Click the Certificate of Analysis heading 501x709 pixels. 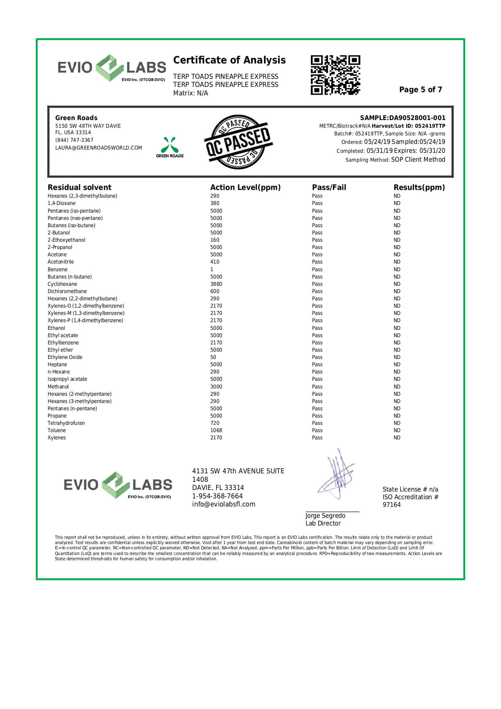click(x=229, y=60)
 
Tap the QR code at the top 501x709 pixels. click(x=335, y=75)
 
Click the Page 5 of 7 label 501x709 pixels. click(x=420, y=90)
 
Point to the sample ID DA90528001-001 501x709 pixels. click(x=417, y=118)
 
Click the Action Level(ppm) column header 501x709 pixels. click(x=245, y=188)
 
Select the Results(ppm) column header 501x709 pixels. click(x=419, y=188)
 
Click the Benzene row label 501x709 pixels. click(x=57, y=270)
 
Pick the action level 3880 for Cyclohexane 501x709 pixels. click(x=216, y=284)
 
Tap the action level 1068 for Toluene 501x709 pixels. click(x=216, y=430)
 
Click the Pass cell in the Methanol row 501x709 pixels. click(x=317, y=387)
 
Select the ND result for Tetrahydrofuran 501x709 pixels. click(x=397, y=423)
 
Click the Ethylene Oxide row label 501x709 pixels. click(x=65, y=357)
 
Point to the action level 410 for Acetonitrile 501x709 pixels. click(x=214, y=262)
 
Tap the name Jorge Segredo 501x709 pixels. click(x=325, y=516)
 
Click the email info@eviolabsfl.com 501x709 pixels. click(x=224, y=504)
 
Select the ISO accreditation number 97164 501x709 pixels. click(x=391, y=505)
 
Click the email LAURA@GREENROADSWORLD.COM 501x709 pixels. click(x=99, y=148)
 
